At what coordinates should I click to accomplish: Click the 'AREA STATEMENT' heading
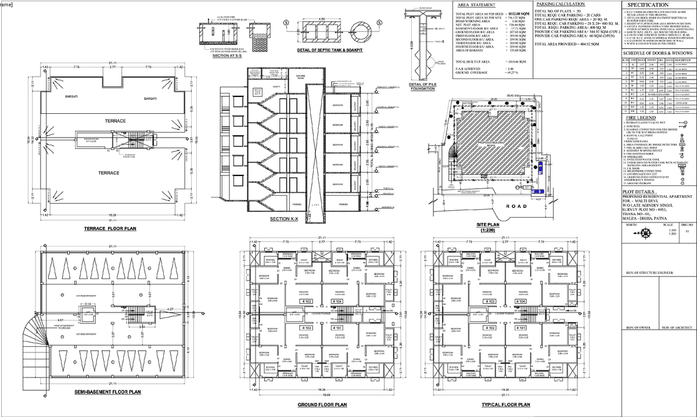pyautogui.click(x=475, y=4)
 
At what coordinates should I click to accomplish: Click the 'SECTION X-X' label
pyautogui.click(x=284, y=219)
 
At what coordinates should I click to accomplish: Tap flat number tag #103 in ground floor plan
pyautogui.click(x=305, y=302)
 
